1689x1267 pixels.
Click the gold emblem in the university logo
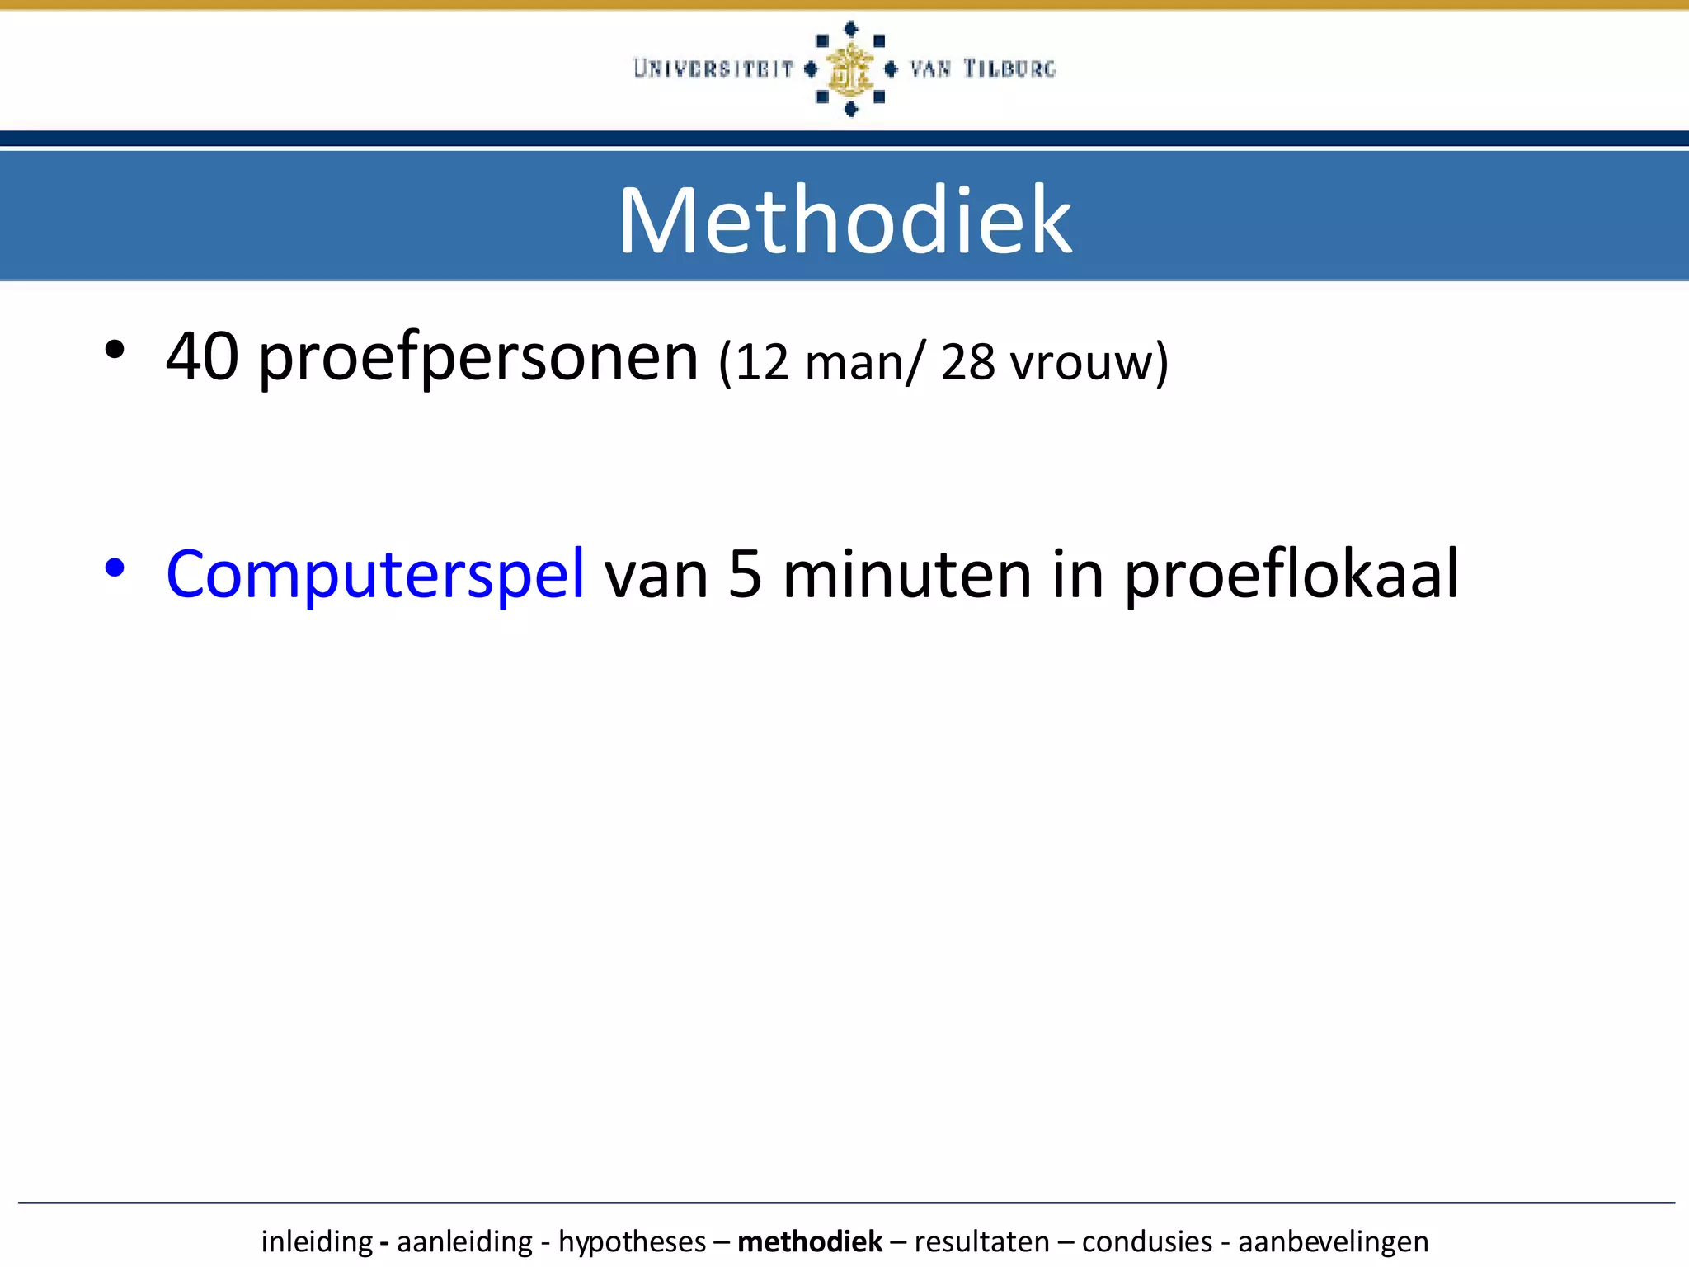849,69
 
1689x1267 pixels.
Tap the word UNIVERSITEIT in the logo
713,68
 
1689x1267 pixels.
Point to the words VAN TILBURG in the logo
982,68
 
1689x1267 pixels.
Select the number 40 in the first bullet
203,357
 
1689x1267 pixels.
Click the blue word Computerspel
375,575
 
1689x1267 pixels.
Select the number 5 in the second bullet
745,575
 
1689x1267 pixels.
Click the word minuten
906,575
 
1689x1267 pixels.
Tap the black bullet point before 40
115,351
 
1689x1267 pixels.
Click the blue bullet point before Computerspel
115,568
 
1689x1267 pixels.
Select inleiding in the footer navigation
317,1241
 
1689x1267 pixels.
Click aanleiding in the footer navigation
464,1241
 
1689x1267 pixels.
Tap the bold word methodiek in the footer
810,1241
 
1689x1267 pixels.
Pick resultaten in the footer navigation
981,1241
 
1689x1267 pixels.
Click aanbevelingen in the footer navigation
1333,1241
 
